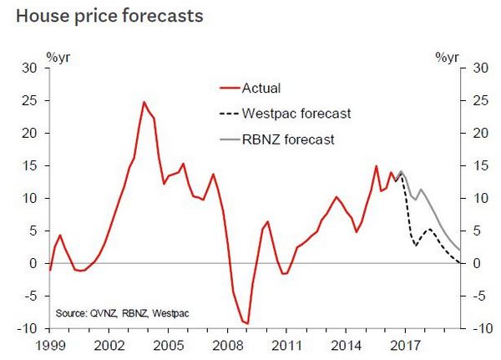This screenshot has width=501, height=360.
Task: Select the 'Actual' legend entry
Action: tap(260, 87)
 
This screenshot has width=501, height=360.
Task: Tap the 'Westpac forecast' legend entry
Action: tap(296, 113)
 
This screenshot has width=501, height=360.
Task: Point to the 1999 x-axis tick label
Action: tap(51, 344)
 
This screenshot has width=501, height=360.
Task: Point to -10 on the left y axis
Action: tap(30, 328)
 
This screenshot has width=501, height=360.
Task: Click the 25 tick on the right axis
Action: tap(478, 101)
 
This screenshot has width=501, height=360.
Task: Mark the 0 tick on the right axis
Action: tap(475, 263)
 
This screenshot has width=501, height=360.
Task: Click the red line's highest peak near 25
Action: tap(144, 102)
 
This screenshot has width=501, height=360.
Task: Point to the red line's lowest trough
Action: tap(247, 323)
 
